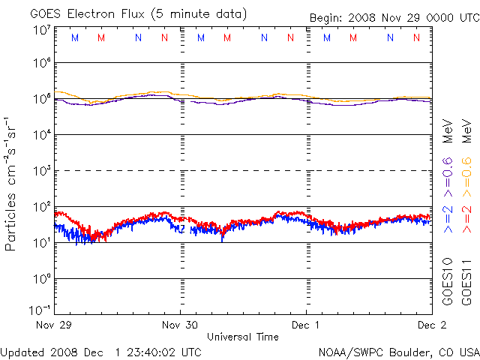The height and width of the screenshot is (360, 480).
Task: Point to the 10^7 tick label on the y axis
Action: (x=41, y=30)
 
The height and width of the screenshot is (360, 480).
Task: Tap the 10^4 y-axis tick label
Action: (x=41, y=134)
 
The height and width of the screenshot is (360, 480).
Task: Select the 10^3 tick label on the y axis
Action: (x=41, y=170)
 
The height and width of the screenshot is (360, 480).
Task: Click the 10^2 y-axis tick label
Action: (x=41, y=206)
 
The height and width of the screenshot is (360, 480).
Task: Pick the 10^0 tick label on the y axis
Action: (x=41, y=278)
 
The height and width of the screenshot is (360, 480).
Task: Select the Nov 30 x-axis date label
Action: (x=180, y=325)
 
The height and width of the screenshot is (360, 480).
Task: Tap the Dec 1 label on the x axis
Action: (x=306, y=325)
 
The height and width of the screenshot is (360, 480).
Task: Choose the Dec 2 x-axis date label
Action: (x=431, y=325)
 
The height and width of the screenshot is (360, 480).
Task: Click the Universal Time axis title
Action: (x=243, y=337)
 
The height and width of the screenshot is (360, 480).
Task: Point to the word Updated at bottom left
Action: (x=23, y=351)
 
